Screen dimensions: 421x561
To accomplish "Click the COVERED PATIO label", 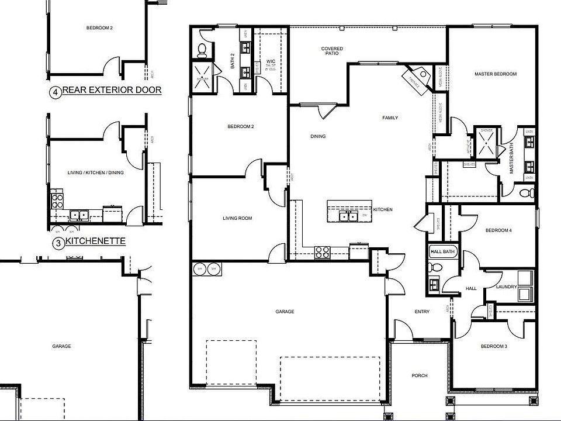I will point(332,51).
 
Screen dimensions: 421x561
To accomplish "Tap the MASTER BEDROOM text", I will point(496,74).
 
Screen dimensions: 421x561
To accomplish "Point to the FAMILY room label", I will point(390,118).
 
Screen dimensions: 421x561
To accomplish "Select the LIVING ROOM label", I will point(237,219).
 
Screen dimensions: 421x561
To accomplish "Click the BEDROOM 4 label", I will point(498,230).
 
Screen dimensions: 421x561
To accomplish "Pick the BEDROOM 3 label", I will point(494,347).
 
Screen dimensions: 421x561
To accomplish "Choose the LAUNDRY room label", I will point(506,287).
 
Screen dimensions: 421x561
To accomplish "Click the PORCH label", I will point(419,376).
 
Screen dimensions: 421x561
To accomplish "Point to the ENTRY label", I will point(422,312).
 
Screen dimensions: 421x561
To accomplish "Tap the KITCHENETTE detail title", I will point(95,241).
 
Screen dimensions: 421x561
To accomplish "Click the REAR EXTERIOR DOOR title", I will point(111,91).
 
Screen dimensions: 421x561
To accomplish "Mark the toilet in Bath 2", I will point(201,50).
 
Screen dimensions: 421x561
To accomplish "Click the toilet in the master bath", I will point(524,192).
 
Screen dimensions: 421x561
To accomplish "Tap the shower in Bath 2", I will point(203,80).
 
